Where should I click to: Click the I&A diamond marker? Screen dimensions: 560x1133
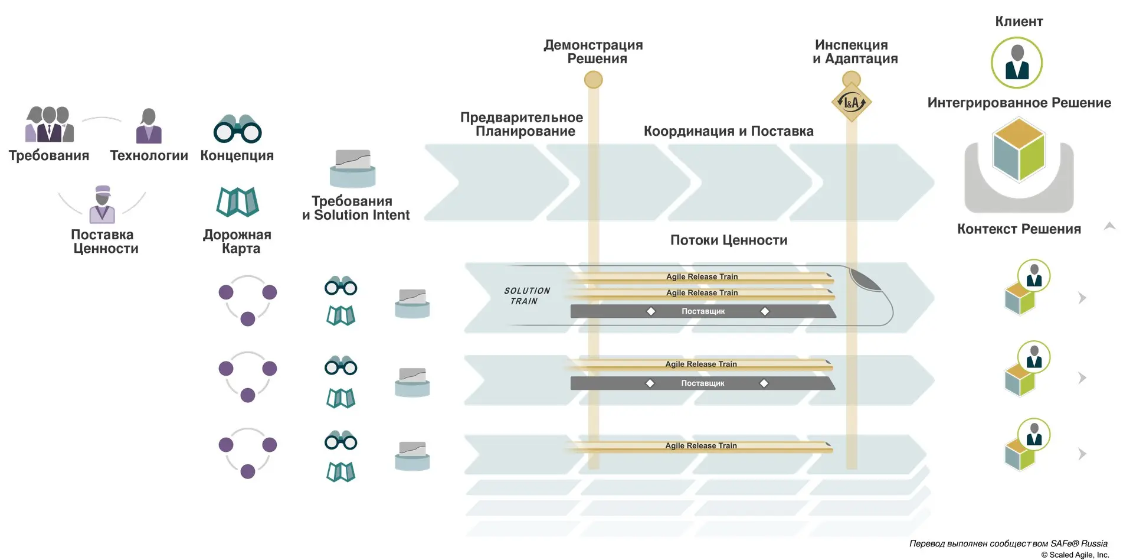click(x=851, y=102)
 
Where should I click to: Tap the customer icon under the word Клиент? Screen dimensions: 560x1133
click(x=1016, y=63)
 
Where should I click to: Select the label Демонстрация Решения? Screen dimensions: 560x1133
click(x=594, y=52)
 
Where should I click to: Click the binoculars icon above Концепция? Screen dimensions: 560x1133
click(x=237, y=129)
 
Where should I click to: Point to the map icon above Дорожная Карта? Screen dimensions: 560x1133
click(x=237, y=202)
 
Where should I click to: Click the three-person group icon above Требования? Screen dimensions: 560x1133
click(x=50, y=125)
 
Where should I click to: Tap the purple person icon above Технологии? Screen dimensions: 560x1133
click(x=149, y=126)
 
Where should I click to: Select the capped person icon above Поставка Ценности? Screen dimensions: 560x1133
click(x=102, y=204)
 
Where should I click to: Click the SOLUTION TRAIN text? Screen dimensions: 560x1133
click(x=526, y=296)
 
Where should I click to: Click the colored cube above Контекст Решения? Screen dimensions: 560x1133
click(x=1019, y=150)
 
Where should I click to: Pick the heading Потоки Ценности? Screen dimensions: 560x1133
click(x=728, y=240)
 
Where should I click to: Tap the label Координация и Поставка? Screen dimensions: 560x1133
click(x=728, y=131)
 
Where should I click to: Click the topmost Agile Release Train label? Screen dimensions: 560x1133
click(x=702, y=276)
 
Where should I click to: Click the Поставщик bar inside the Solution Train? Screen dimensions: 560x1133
click(x=703, y=311)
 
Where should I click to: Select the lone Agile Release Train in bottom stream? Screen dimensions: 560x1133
click(x=700, y=446)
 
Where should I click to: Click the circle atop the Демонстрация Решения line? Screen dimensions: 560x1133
click(x=593, y=80)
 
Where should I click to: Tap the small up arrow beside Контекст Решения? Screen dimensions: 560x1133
click(x=1109, y=226)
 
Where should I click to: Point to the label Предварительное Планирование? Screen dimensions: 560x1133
click(x=522, y=125)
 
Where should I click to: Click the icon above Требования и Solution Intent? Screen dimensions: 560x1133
click(x=352, y=168)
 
